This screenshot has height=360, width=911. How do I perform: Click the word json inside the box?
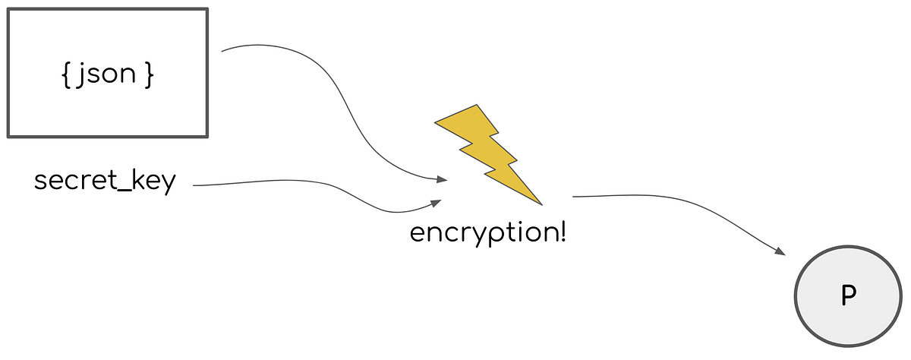click(108, 76)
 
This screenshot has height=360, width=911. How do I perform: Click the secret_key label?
click(105, 182)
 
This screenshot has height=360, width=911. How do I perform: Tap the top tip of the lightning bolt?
click(477, 106)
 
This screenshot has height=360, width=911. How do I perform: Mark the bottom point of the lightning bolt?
click(541, 205)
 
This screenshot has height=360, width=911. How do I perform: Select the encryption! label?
click(488, 232)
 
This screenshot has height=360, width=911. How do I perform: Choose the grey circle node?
click(848, 296)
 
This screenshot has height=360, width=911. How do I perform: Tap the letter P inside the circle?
click(848, 296)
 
